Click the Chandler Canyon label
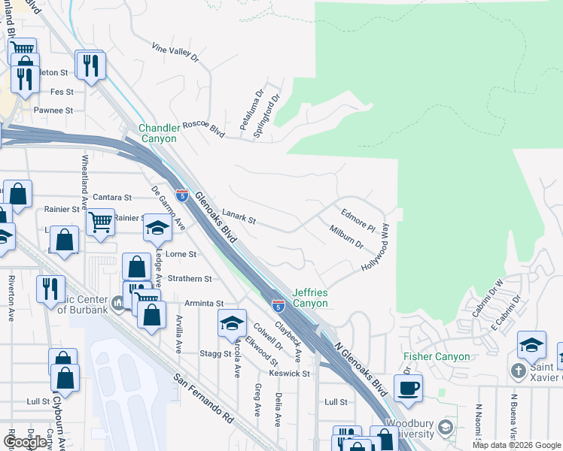pyautogui.click(x=157, y=133)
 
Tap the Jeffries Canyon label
pyautogui.click(x=309, y=298)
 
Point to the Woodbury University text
pyautogui.click(x=409, y=429)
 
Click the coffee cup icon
pyautogui.click(x=408, y=388)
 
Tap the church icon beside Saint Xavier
pyautogui.click(x=518, y=371)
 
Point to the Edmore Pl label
pyautogui.click(x=358, y=219)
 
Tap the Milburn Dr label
pyautogui.click(x=346, y=238)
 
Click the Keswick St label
pyautogui.click(x=290, y=374)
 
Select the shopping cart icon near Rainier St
pyautogui.click(x=100, y=222)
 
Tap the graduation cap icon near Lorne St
pyautogui.click(x=157, y=228)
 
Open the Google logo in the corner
pyautogui.click(x=26, y=442)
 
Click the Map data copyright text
pyautogui.click(x=516, y=445)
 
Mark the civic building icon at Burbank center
pyautogui.click(x=118, y=304)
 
